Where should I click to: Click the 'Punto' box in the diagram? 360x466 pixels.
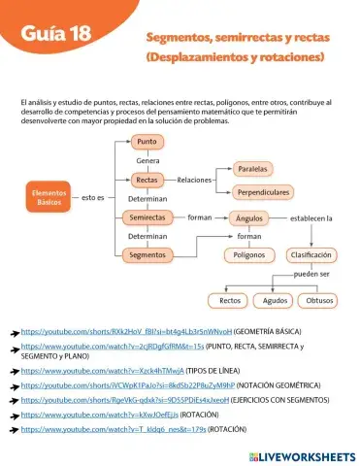(x=147, y=142)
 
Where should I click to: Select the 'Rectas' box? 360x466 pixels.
(x=147, y=180)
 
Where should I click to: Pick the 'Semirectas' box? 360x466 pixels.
(x=148, y=217)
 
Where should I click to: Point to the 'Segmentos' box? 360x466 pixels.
(x=148, y=255)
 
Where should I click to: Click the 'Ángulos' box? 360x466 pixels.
(x=249, y=218)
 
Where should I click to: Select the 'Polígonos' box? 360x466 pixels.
(x=249, y=255)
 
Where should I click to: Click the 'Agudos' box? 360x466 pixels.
(x=276, y=300)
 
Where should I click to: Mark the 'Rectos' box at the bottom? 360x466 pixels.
(x=231, y=300)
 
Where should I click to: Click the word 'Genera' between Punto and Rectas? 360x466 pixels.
(x=147, y=160)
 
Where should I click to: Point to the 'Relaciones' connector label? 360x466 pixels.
(x=195, y=180)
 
